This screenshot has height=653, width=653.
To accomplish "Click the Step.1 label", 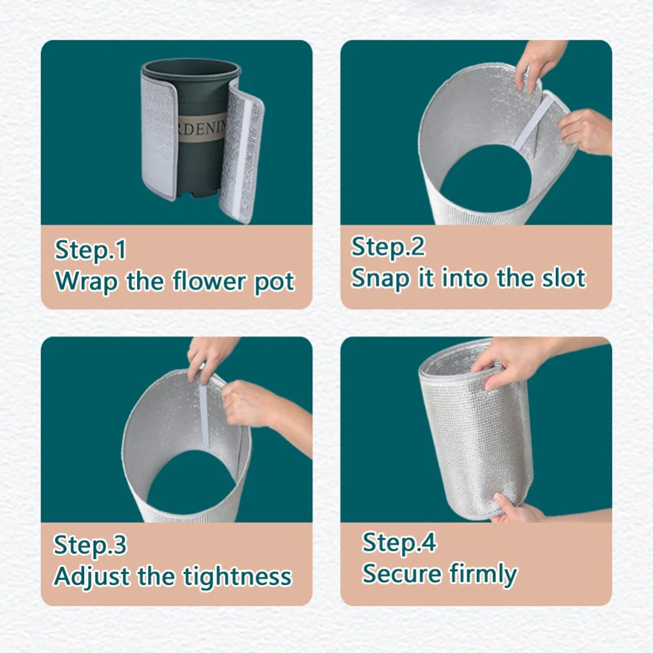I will coord(91,251).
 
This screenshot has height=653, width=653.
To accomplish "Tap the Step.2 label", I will coord(388,247).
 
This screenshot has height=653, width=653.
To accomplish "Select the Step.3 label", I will coord(90,545).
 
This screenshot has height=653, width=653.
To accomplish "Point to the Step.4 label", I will coord(399,543).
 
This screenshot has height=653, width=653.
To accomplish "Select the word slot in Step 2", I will coord(563,278).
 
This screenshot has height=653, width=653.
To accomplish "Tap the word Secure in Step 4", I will coord(402,574).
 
